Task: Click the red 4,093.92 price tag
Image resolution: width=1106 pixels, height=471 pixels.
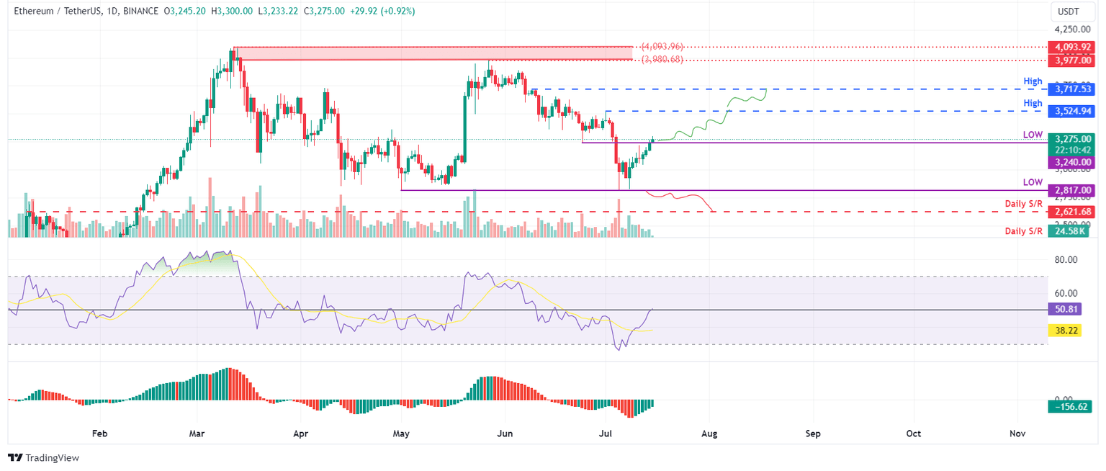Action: pos(1071,47)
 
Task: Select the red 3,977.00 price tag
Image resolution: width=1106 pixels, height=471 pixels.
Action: pos(1071,60)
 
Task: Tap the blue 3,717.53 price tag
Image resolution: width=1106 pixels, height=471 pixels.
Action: pos(1071,89)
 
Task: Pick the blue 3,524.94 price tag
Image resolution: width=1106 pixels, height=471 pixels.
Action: pos(1071,111)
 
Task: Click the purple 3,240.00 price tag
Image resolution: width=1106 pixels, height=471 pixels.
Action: pos(1071,163)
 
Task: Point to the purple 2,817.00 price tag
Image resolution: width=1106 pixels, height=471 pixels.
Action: pos(1071,190)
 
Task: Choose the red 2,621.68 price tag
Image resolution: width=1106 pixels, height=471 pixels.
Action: pos(1071,212)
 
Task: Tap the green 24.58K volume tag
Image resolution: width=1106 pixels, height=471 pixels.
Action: pos(1071,230)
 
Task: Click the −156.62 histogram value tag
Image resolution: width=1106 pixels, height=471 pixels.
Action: pos(1071,406)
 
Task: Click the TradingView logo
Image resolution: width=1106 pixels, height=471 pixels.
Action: pos(43,458)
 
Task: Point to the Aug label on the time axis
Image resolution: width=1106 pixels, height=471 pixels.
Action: pos(709,434)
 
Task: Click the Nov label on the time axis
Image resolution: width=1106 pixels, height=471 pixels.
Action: pos(1017,434)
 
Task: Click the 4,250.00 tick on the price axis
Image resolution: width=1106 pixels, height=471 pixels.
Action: pos(1073,30)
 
